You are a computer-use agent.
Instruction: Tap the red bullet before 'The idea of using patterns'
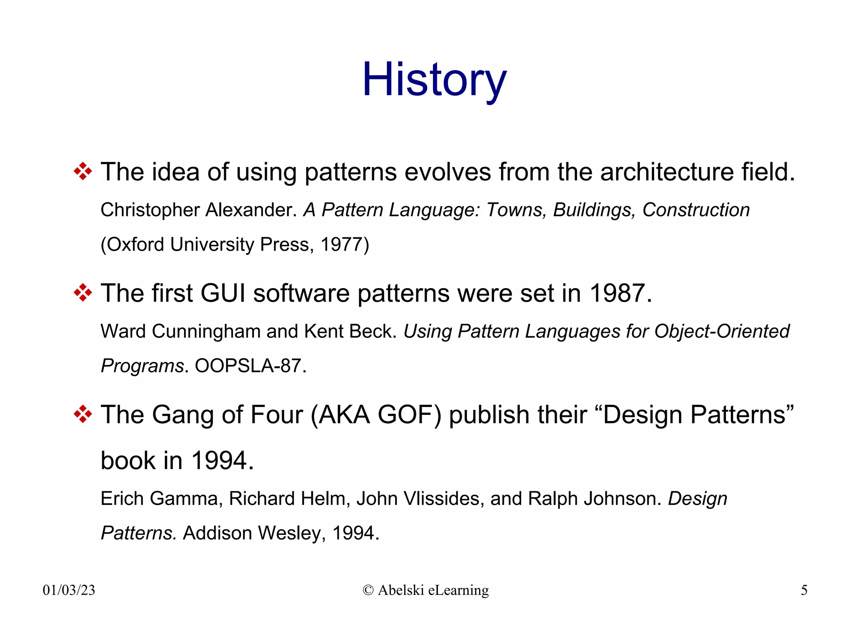coord(83,171)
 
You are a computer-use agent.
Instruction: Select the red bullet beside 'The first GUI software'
coord(83,293)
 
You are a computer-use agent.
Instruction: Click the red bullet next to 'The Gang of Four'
coord(83,414)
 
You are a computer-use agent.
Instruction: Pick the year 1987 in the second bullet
coord(617,293)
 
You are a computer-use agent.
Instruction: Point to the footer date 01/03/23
coord(69,590)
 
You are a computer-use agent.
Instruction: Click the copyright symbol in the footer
coord(368,590)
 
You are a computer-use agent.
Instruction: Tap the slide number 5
coord(804,590)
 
